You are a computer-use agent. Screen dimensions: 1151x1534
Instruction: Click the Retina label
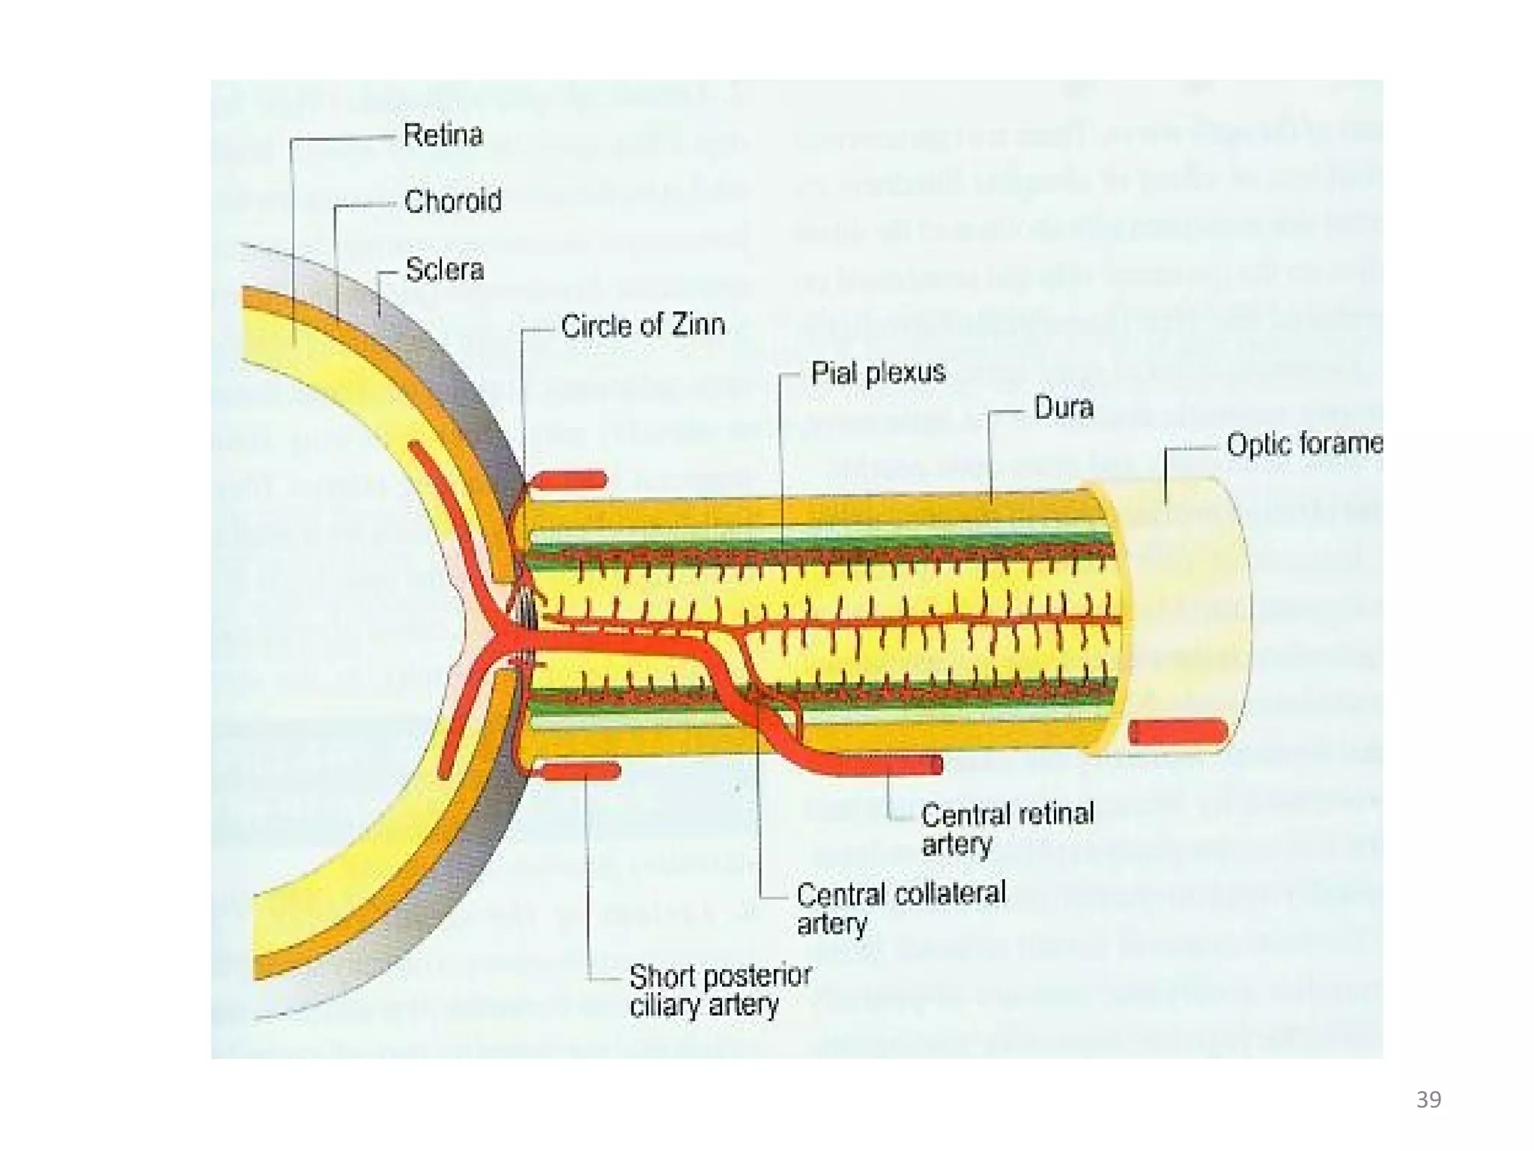(443, 136)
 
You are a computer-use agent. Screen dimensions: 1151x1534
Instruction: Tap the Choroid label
(452, 201)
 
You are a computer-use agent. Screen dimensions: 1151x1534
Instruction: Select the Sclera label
(444, 270)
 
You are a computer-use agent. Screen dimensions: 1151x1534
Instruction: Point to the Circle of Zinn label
(643, 325)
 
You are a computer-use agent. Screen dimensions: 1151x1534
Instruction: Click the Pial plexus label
(878, 372)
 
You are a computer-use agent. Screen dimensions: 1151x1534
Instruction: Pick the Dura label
(1064, 408)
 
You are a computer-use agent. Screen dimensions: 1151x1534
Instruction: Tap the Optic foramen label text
(1304, 444)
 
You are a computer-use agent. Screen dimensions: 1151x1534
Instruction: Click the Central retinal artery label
(1007, 828)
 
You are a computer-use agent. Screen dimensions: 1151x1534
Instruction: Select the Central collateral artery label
(901, 907)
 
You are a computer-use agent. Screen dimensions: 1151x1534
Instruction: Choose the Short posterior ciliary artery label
(720, 990)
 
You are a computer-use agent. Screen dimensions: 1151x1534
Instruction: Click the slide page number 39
(1428, 1099)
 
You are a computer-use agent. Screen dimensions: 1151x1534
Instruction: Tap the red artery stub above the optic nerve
(569, 480)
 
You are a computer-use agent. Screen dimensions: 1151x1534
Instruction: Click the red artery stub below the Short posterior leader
(580, 771)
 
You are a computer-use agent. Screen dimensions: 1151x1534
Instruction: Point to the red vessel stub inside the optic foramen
(1177, 731)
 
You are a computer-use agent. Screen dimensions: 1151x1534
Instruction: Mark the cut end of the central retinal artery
(936, 764)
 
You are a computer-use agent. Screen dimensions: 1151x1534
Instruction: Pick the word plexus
(906, 372)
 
